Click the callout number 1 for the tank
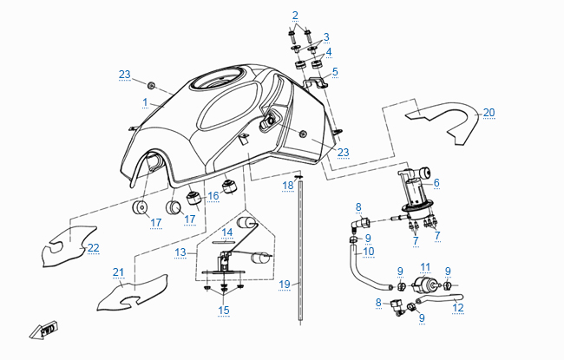coord(146,102)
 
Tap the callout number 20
coord(489,113)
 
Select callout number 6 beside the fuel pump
coord(436,183)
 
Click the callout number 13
coord(180,252)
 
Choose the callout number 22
coord(93,248)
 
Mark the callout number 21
coord(119,272)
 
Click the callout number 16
coord(213,197)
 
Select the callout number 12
coord(458,307)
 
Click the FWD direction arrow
coord(44,331)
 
